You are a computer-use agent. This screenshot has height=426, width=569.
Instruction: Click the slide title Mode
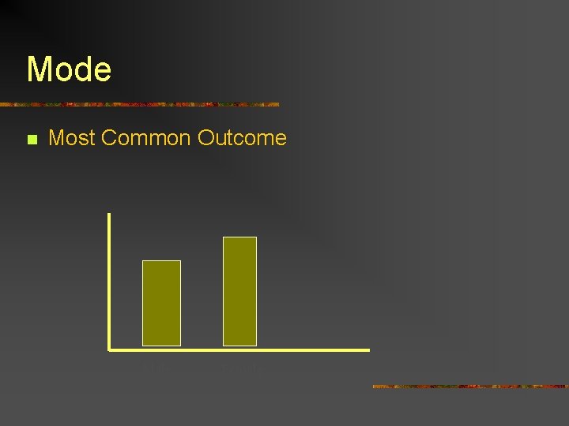(69, 69)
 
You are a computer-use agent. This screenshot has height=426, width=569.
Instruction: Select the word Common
(146, 138)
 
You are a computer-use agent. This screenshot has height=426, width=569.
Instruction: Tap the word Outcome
(242, 138)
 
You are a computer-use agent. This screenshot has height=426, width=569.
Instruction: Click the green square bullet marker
(32, 140)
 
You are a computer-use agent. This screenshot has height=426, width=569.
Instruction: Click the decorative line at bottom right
(470, 387)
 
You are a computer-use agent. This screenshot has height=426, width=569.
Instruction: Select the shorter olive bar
(161, 303)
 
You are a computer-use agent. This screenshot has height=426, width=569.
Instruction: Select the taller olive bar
(239, 291)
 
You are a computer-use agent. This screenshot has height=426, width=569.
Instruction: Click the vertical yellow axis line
(109, 280)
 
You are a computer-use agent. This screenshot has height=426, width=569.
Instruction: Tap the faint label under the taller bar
(239, 368)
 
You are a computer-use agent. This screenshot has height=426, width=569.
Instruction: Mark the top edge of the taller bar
(239, 237)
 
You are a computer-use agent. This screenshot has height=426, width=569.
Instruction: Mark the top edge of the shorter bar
(161, 261)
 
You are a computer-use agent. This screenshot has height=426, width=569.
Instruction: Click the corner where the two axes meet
(109, 349)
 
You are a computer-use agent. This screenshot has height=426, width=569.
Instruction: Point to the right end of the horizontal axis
(367, 349)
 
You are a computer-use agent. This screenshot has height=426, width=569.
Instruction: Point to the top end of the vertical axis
(109, 215)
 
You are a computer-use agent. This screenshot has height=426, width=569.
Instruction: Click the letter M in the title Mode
(39, 69)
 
